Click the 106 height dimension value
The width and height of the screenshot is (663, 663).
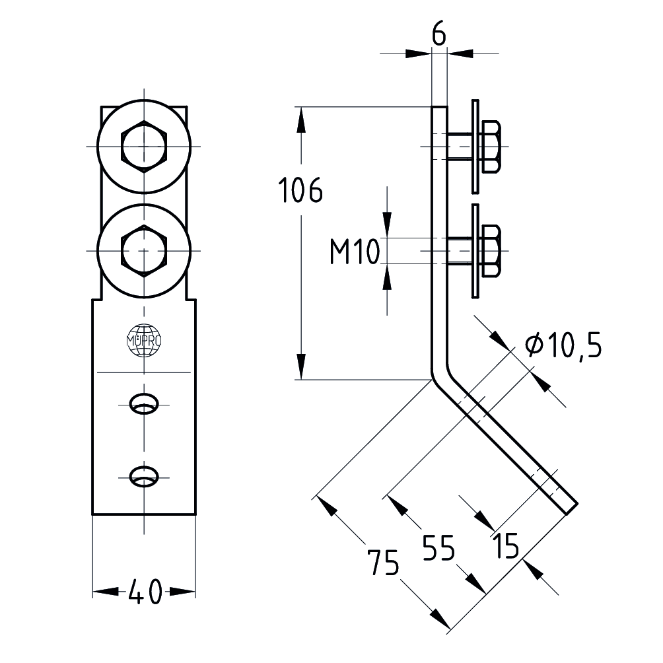300,191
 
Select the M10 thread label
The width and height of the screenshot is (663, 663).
353,252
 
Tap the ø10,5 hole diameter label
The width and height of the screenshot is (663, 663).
563,345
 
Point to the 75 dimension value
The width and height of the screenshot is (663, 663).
384,564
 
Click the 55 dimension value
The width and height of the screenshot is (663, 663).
439,548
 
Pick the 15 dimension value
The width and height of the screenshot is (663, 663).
505,545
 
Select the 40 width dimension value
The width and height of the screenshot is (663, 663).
144,592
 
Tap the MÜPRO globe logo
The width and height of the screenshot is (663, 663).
144,341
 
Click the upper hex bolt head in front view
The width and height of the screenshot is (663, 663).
144,146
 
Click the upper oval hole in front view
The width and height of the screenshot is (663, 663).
144,403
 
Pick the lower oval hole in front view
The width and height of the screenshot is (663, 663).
144,476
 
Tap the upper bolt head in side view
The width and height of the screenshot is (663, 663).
491,147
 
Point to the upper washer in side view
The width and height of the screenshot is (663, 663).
475,147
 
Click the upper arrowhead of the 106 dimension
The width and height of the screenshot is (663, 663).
300,119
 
